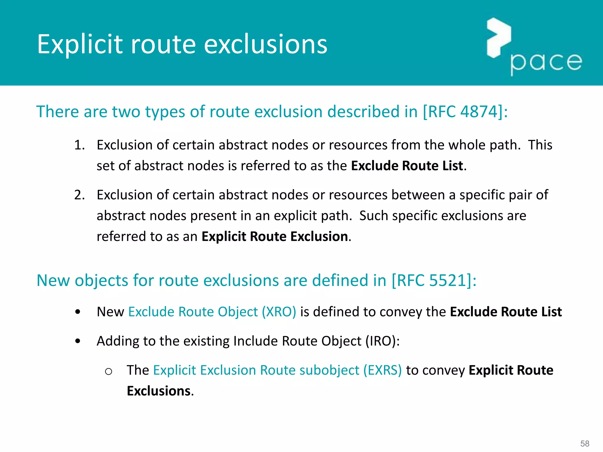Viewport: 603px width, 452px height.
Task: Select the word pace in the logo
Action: [546, 62]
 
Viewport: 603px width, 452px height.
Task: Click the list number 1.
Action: [79, 145]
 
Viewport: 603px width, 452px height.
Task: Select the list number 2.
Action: [79, 195]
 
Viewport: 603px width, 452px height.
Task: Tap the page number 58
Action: [585, 443]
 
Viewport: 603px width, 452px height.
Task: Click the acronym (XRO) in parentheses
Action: [279, 312]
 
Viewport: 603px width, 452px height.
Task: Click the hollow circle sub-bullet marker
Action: [108, 371]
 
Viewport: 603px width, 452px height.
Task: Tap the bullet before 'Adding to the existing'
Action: [78, 341]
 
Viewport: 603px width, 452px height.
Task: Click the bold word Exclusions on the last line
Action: [159, 391]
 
